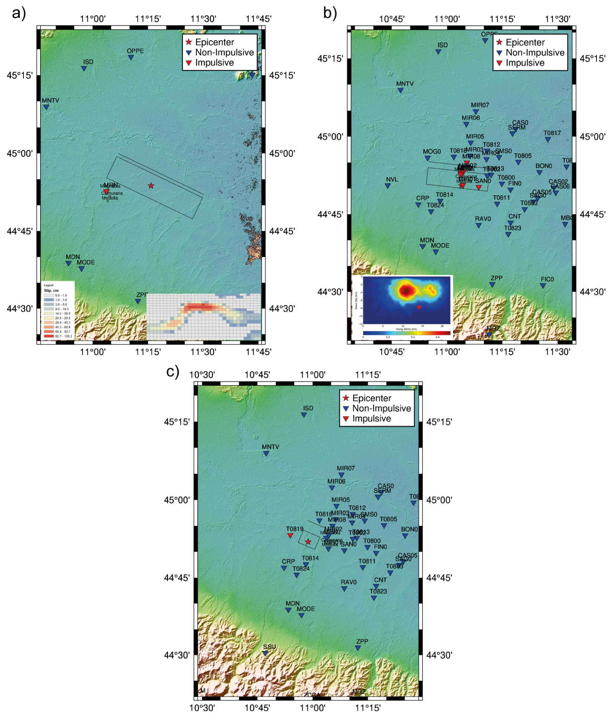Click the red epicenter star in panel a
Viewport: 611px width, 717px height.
[x=151, y=186]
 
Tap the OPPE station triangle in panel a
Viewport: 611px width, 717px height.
[x=131, y=57]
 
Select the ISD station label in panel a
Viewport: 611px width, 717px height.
[x=88, y=62]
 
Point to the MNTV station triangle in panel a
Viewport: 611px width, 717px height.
[x=46, y=107]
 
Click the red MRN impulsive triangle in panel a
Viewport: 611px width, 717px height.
[x=106, y=192]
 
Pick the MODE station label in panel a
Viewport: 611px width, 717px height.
[x=86, y=262]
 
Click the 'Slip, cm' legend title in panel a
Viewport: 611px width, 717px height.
[x=51, y=290]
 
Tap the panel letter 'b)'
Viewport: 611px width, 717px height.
[x=330, y=13]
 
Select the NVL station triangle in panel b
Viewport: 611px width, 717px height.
[x=387, y=186]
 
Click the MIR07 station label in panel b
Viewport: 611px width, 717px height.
[x=480, y=105]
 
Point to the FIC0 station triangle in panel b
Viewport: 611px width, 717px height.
[x=543, y=286]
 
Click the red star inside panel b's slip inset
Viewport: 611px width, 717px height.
[x=419, y=307]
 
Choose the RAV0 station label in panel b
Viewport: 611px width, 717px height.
[x=483, y=219]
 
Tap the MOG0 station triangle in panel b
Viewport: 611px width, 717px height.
[x=428, y=158]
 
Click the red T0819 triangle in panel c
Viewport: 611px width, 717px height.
[x=290, y=536]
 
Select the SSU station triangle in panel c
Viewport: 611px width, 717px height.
[x=265, y=653]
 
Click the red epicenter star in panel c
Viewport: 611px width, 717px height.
[x=308, y=542]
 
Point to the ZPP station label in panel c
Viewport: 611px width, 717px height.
[x=362, y=641]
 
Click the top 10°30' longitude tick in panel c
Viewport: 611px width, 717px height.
[x=202, y=374]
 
